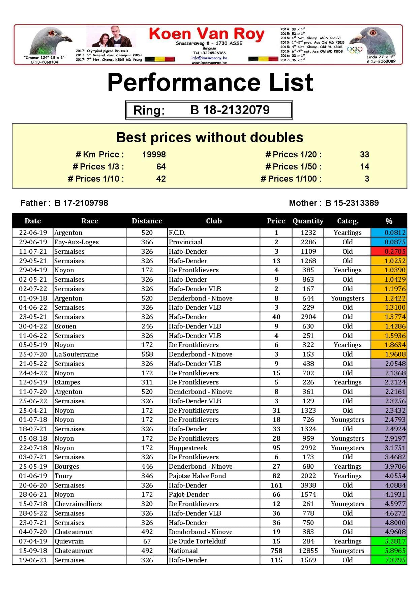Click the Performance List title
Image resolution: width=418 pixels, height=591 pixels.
210,83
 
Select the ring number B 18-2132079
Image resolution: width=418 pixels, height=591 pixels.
230,110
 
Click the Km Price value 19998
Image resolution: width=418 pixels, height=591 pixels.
154,155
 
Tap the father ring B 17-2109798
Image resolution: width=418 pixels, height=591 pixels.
81,203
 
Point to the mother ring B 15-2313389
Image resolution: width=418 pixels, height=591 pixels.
352,203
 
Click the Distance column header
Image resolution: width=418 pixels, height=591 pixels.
147,221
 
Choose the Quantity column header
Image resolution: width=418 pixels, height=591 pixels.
308,221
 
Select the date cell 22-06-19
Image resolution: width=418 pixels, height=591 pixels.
33,232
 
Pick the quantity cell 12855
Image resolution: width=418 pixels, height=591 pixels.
308,551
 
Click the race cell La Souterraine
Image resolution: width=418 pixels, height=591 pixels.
77,354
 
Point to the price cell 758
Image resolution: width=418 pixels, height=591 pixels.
276,551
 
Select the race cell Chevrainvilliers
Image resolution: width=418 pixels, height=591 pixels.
78,504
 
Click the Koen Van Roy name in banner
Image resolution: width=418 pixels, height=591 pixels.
206,34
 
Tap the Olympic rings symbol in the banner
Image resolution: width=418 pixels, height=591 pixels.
355,50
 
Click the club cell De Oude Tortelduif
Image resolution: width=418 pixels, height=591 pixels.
198,541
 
